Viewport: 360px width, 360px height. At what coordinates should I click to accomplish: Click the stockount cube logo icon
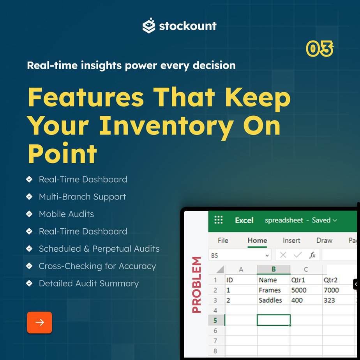(x=149, y=25)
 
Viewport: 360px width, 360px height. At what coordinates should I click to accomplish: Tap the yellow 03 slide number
(x=319, y=48)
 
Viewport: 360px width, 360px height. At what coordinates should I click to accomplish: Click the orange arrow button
(x=39, y=322)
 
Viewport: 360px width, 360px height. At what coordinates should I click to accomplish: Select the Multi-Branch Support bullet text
(x=83, y=197)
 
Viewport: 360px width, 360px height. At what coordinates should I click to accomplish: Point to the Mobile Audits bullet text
(x=66, y=214)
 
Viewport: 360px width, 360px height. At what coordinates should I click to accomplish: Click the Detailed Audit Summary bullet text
(x=88, y=284)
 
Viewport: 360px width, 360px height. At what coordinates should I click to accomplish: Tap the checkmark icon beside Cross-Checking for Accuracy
(x=29, y=266)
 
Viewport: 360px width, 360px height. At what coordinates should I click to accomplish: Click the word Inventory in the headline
(x=166, y=126)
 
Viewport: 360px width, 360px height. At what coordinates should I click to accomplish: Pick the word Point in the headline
(x=62, y=153)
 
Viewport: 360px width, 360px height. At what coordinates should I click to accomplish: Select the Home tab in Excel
(x=257, y=240)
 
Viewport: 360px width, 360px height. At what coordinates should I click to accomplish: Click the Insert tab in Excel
(x=291, y=240)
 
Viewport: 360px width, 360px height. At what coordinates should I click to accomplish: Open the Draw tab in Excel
(x=324, y=240)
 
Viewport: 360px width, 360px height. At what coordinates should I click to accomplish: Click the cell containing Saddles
(x=274, y=300)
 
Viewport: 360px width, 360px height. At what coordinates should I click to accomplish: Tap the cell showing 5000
(x=306, y=290)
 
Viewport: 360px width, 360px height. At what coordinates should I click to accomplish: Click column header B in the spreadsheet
(x=274, y=269)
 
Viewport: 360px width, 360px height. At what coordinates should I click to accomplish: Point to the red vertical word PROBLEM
(x=196, y=285)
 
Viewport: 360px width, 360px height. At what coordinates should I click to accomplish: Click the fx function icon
(x=312, y=255)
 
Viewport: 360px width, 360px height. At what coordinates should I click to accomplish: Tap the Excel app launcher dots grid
(x=218, y=220)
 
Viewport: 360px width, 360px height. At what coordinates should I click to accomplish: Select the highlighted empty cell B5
(x=274, y=320)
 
